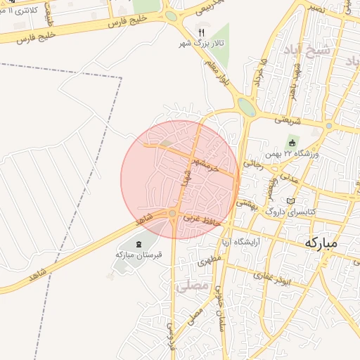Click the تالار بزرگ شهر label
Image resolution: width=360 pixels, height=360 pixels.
click(202, 44)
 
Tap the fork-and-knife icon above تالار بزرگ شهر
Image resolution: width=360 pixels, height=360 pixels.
click(202, 32)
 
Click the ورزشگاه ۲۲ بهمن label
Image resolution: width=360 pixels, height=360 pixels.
click(292, 153)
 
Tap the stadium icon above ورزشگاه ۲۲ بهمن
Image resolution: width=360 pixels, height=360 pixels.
click(292, 143)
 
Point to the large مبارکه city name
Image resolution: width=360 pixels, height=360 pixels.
click(321, 243)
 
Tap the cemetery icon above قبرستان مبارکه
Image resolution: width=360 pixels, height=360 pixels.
click(139, 244)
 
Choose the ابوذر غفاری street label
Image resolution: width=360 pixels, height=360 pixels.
click(287, 278)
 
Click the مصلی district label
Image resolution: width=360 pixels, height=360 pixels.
click(194, 287)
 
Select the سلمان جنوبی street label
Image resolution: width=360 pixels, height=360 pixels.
click(219, 312)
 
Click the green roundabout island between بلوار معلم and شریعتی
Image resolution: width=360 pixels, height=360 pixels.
click(247, 107)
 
